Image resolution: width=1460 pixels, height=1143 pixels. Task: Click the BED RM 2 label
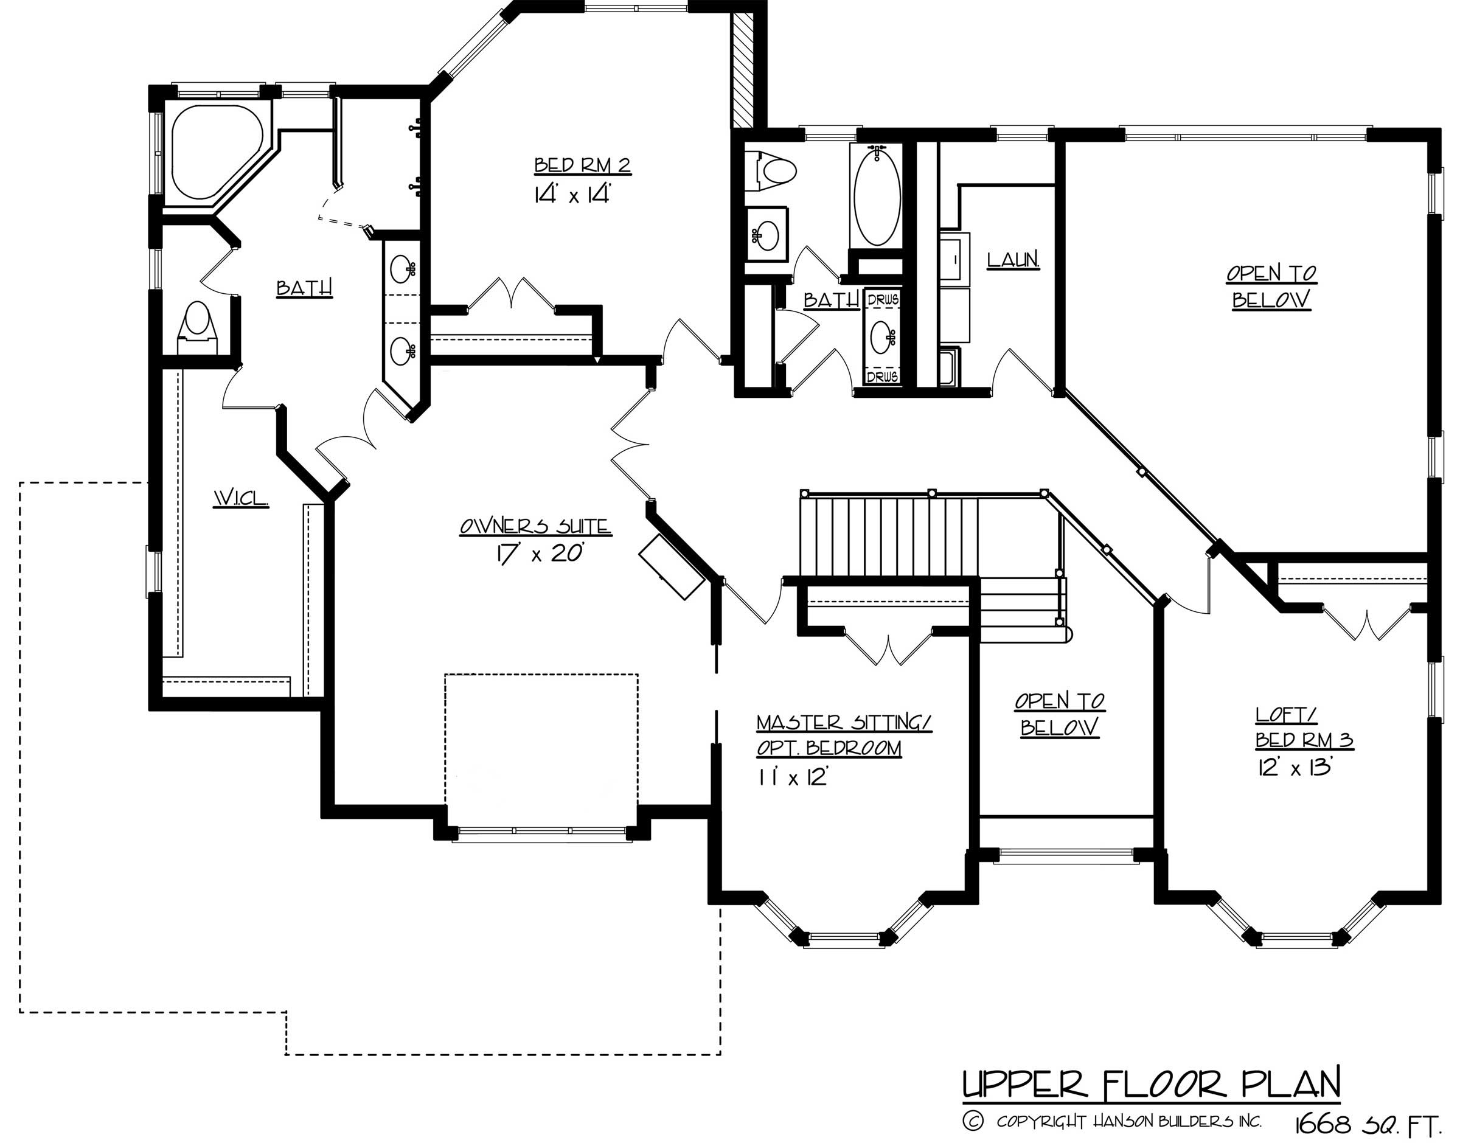tap(582, 165)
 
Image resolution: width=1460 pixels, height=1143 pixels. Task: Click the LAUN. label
tap(1013, 260)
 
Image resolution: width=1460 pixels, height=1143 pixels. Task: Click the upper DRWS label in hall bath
tap(882, 301)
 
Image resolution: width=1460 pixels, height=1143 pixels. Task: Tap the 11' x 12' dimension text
tap(793, 778)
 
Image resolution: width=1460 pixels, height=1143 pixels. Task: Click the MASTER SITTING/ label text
tap(844, 723)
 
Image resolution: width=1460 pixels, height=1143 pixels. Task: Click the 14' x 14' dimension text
tap(574, 195)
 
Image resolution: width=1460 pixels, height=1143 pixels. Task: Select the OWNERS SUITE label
tap(535, 527)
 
